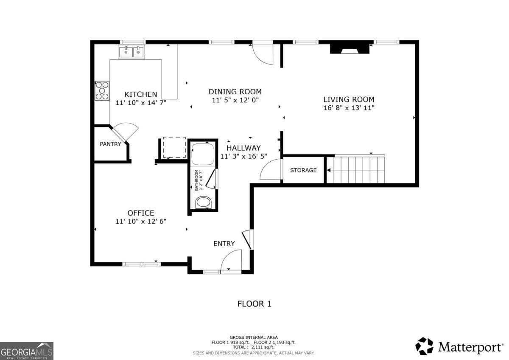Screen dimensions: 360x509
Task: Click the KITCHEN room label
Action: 140,94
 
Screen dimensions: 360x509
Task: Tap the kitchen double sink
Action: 131,52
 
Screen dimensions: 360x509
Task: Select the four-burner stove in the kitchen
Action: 102,90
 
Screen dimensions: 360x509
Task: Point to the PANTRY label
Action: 110,144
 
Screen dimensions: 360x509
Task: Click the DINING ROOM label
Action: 235,92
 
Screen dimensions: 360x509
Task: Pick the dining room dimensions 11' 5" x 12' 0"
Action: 235,100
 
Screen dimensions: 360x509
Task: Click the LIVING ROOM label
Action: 349,99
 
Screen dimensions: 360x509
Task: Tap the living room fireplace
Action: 350,48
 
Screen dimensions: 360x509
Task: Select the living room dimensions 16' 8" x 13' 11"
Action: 349,108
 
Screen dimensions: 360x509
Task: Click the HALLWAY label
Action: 243,148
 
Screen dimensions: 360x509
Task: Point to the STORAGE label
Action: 303,170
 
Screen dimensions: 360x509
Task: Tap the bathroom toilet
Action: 203,202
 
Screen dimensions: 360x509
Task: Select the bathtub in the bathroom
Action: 203,154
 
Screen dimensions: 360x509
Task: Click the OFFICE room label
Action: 141,213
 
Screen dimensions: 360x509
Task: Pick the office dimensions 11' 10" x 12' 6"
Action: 141,222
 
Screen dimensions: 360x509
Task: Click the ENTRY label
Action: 224,244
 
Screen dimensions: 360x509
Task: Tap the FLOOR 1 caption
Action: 254,304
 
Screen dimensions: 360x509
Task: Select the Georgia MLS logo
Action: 27,351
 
